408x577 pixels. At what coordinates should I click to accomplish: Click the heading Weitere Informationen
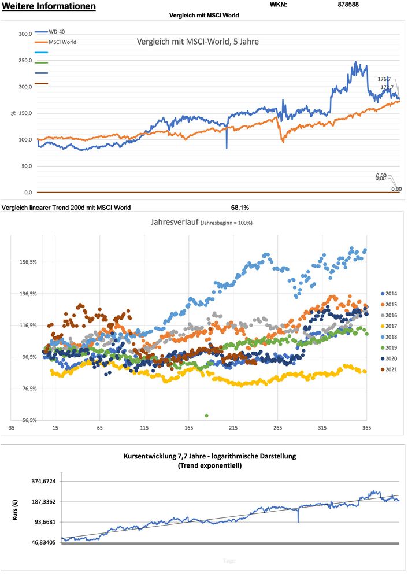[x=49, y=6]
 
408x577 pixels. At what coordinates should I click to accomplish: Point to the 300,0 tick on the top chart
[x=24, y=34]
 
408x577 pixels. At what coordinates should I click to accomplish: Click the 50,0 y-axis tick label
[x=25, y=166]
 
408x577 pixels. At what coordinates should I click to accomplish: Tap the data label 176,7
[x=384, y=79]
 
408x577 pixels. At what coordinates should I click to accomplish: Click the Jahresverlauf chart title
[x=201, y=222]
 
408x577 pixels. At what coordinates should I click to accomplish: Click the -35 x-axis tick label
[x=10, y=428]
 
